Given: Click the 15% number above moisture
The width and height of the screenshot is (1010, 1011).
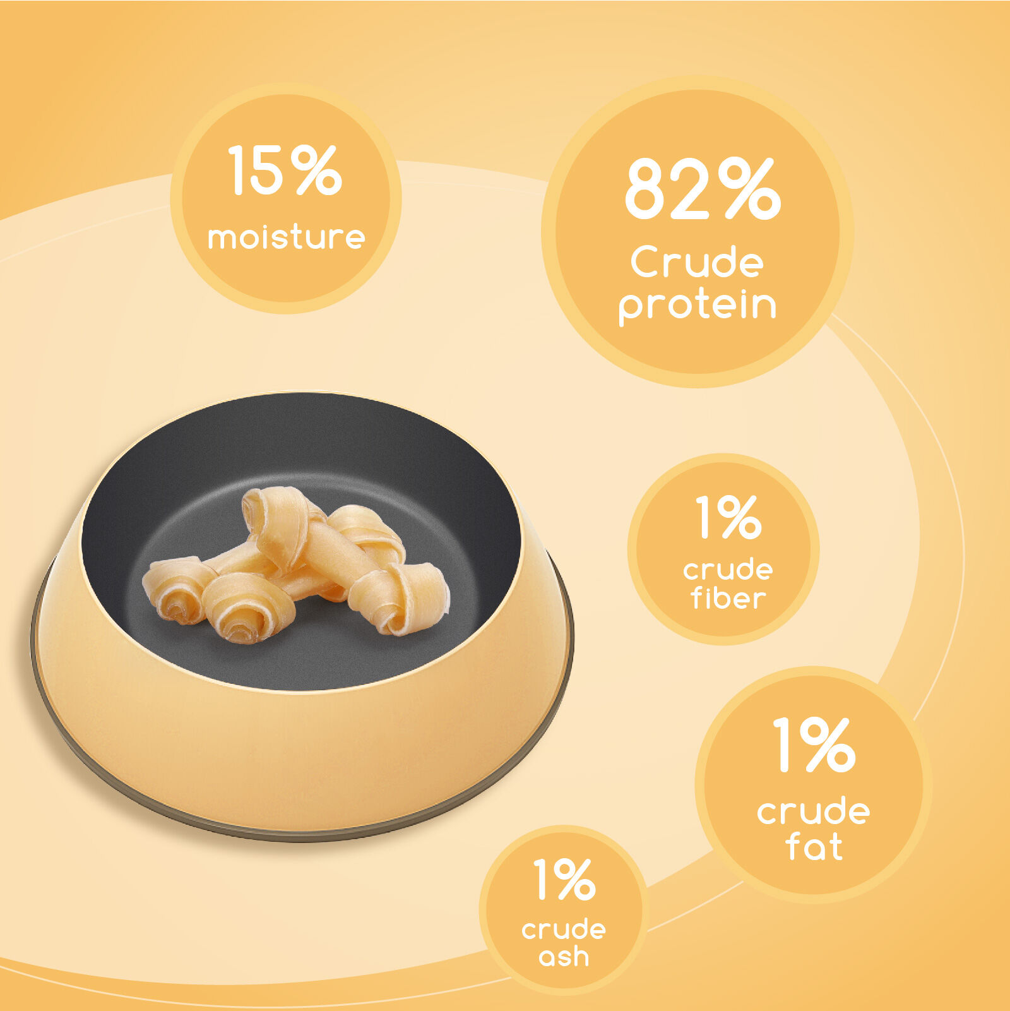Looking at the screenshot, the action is click(x=285, y=170).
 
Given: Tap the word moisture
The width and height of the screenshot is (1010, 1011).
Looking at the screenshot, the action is click(x=287, y=237).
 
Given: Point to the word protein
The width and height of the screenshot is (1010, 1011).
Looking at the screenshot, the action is click(x=697, y=306).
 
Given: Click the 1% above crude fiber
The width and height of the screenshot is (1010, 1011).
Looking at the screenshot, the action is click(x=728, y=517).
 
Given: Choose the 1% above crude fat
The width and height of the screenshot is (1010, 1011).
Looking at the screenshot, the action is click(x=814, y=745).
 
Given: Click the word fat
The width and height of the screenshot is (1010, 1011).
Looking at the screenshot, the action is click(x=814, y=846).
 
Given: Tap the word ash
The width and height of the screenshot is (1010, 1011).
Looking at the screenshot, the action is click(x=564, y=957).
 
